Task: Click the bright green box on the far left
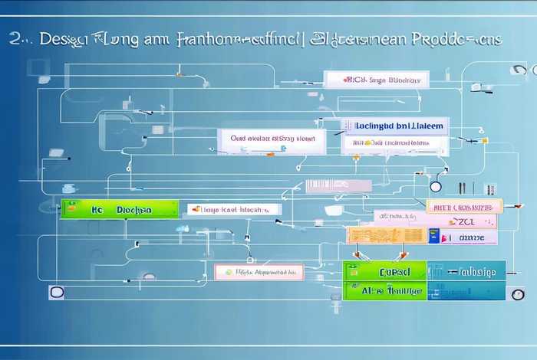tap(119, 208)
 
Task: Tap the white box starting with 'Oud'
tap(272, 140)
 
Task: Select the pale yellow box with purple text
tap(463, 205)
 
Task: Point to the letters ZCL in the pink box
tap(467, 221)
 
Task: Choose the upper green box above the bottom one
tap(384, 271)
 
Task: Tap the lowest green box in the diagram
tap(384, 290)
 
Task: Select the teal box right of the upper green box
tap(466, 270)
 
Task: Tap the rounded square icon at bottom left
tap(55, 292)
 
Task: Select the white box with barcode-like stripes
tap(338, 185)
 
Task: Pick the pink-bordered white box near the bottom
tap(259, 271)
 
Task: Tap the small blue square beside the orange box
tap(433, 238)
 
